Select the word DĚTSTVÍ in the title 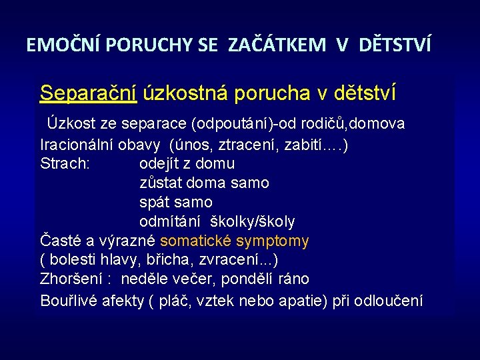point(395,45)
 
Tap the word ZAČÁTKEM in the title point(277,45)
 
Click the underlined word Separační point(88,93)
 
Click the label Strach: point(65,163)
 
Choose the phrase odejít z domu point(187,163)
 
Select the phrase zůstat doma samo point(204,183)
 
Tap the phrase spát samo point(175,202)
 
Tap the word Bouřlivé point(69,301)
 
